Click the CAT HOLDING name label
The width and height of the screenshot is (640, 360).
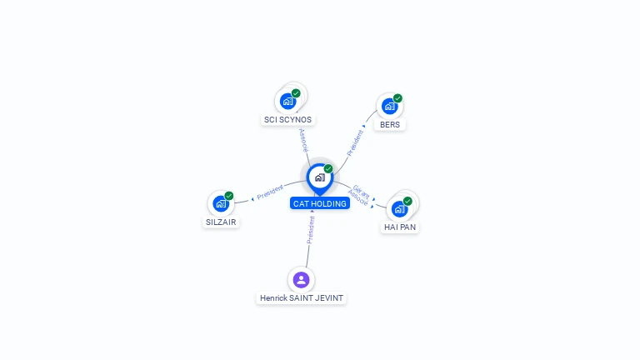pos(320,203)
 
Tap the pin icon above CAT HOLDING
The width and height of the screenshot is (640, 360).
pos(320,179)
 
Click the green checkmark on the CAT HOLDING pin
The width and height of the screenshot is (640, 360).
pos(328,168)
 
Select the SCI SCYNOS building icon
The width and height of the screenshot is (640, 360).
pos(287,101)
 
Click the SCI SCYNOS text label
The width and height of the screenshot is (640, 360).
pos(287,120)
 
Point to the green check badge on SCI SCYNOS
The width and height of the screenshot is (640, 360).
pos(296,93)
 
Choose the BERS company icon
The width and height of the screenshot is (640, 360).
pos(390,106)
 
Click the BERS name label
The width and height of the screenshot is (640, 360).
pos(390,124)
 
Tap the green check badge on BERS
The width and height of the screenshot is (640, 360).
pos(398,98)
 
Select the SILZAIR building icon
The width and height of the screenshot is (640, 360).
pos(221,203)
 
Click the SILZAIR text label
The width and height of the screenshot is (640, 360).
pos(221,222)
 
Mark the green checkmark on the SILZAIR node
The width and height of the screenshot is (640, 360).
pos(229,196)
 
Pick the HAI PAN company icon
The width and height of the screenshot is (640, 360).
pos(400,209)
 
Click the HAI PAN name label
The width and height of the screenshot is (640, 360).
pos(400,227)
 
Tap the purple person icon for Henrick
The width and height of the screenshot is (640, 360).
pos(301,280)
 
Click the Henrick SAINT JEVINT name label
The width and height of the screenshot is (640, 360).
pos(302,298)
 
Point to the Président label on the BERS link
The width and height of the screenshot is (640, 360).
pos(354,142)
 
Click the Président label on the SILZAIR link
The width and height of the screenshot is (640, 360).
pos(270,192)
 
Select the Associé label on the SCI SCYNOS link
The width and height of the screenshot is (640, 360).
pos(303,140)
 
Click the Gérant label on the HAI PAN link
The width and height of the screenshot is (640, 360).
pos(362,191)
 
